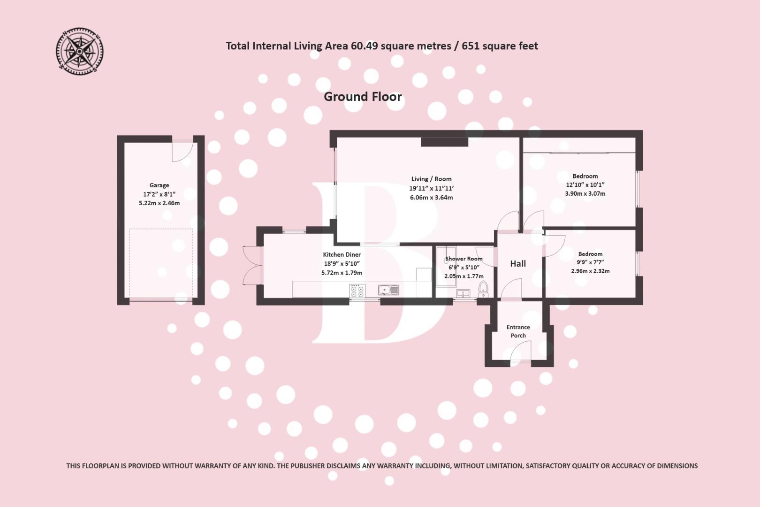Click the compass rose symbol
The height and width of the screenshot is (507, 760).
point(79,51)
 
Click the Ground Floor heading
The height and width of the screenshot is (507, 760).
point(363,97)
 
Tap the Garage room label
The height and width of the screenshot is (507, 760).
point(159,185)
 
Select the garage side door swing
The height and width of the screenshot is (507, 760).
point(182,151)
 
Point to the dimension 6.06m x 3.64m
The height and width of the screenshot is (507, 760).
point(431,198)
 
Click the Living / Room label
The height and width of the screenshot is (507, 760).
point(431,179)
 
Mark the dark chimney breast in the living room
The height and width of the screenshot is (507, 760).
point(444,142)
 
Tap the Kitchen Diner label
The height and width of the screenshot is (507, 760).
point(342,254)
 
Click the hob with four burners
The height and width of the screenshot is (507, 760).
point(357,291)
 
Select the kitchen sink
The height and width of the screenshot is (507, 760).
point(388,291)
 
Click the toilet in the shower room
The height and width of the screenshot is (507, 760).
point(483,289)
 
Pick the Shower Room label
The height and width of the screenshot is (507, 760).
point(464,259)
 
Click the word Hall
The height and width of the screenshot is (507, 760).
point(518,264)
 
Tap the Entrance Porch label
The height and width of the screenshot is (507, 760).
point(518,331)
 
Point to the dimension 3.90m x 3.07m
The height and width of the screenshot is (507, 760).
point(585,193)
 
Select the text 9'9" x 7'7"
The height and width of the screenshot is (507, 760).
point(590,262)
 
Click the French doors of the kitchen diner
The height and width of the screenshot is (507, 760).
point(252,265)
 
